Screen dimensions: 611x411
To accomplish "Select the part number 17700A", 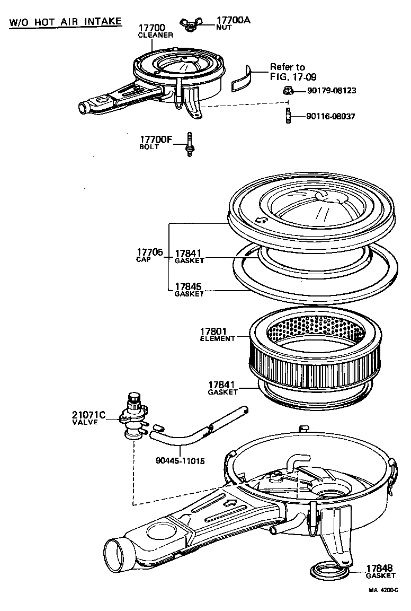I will click(233, 20).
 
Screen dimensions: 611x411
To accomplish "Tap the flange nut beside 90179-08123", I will click(289, 91).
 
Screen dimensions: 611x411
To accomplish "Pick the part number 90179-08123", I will click(332, 91).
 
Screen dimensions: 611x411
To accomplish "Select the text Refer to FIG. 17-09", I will click(287, 72).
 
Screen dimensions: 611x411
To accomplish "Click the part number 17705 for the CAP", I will click(149, 252).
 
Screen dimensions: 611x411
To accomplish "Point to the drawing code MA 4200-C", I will click(383, 589).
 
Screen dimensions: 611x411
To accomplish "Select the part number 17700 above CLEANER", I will click(152, 28).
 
